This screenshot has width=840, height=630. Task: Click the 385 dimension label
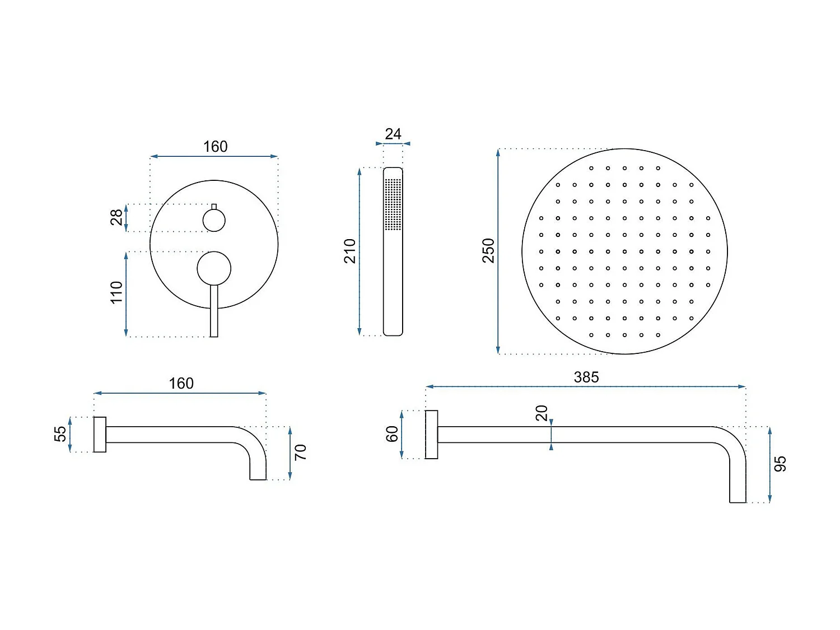[x=586, y=377]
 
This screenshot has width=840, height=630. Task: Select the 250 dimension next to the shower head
[x=488, y=250]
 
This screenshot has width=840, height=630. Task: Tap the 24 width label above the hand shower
[x=393, y=134]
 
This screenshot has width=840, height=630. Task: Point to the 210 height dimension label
[x=350, y=251]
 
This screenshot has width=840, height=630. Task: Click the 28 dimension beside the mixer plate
[x=116, y=217]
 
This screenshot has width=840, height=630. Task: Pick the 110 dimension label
[x=116, y=292]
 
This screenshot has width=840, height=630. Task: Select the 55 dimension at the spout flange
[x=60, y=434]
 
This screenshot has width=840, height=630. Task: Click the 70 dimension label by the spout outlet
[x=301, y=452]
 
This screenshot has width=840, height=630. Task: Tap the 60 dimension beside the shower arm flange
[x=392, y=434]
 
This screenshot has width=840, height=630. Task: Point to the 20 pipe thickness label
[x=542, y=413]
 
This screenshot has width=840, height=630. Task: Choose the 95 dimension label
[x=780, y=464]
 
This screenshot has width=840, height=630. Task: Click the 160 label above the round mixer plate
[x=215, y=147]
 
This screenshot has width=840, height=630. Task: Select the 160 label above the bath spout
[x=181, y=384]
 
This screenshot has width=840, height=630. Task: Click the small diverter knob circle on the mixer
[x=214, y=220]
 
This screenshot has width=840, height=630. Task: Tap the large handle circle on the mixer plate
[x=214, y=268]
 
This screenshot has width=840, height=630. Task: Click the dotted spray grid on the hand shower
[x=393, y=204]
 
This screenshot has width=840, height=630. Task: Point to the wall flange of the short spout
[x=100, y=435]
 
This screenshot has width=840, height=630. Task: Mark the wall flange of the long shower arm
[x=431, y=435]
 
